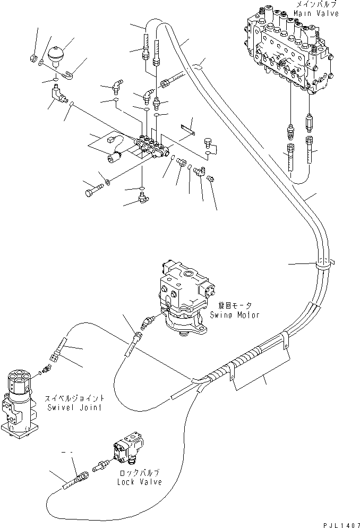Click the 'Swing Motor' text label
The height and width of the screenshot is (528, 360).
coord(238,315)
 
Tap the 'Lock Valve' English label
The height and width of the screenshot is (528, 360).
coord(140,482)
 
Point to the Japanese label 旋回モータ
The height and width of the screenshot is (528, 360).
coord(235,306)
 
